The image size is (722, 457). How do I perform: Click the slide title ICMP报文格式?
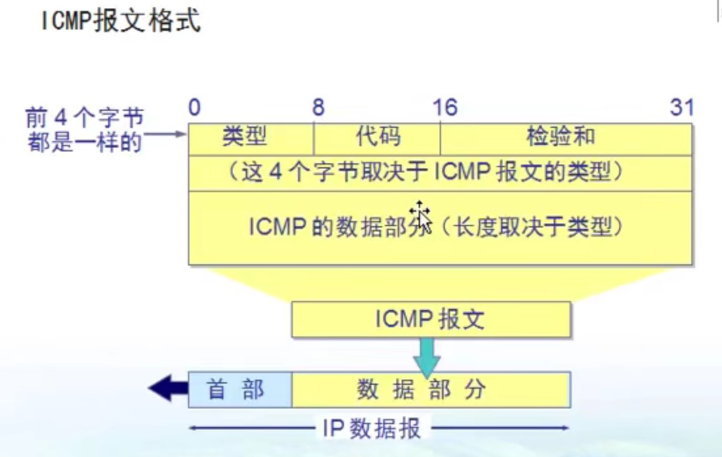(121, 21)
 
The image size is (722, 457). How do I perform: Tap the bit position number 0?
(194, 108)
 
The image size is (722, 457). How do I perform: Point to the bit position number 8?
(318, 108)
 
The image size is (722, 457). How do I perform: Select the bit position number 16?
(445, 108)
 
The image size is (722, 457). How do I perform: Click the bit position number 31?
(681, 108)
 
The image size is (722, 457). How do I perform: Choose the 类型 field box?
(251, 138)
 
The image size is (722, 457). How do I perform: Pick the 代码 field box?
(377, 138)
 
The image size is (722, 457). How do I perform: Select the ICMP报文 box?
(430, 319)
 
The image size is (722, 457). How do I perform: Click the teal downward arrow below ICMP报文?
(427, 357)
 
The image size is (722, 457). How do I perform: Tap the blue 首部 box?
(240, 389)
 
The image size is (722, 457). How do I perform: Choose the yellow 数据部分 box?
(431, 389)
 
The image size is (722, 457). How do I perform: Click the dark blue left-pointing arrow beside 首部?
(168, 389)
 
